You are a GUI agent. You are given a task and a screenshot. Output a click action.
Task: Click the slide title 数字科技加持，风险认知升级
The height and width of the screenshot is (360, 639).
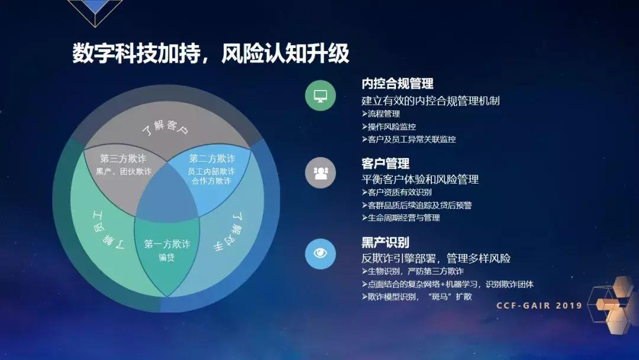click(211, 53)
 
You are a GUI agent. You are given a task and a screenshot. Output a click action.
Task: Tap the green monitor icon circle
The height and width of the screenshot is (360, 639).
click(320, 95)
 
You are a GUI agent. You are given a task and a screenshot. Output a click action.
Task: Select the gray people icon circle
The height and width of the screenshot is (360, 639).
click(320, 173)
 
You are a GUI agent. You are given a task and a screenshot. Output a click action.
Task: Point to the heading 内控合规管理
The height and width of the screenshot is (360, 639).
click(398, 83)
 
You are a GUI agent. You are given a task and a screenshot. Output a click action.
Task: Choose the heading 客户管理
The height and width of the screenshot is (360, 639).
click(385, 163)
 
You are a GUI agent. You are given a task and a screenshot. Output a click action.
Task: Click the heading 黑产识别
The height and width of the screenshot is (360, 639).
click(385, 242)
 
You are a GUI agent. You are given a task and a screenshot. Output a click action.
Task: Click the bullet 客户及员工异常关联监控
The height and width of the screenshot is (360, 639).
click(408, 140)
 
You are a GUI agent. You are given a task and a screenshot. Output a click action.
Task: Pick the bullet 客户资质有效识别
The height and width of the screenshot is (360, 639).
click(396, 192)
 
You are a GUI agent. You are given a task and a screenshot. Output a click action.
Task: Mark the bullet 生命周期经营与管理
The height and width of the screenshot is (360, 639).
click(401, 218)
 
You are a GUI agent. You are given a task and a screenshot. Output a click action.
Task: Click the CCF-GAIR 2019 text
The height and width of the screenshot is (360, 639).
click(539, 306)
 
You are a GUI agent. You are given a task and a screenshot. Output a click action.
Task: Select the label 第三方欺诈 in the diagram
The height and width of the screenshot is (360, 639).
click(123, 159)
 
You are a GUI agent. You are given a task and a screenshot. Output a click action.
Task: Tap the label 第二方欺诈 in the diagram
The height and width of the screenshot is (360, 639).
click(212, 159)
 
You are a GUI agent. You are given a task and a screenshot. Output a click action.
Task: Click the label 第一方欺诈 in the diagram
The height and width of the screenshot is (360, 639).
click(167, 244)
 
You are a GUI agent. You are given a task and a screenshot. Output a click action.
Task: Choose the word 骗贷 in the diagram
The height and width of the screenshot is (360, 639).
click(167, 258)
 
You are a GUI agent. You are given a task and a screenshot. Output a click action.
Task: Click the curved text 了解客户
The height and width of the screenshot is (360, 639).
click(167, 128)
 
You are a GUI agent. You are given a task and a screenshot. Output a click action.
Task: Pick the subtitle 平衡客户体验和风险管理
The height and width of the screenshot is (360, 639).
click(420, 179)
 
